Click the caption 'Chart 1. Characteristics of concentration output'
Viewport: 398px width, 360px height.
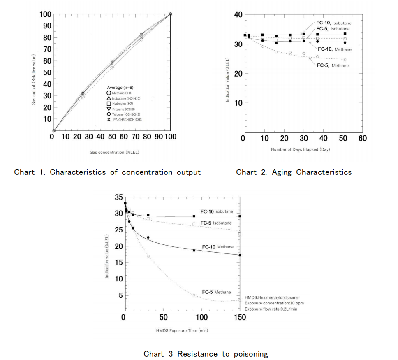coord(107,172)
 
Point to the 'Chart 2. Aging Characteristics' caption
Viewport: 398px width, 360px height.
coord(294,172)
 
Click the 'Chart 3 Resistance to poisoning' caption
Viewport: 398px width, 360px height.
coord(206,354)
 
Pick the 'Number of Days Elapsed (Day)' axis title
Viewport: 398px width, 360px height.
coord(300,149)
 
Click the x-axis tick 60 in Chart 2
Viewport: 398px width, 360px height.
coord(362,138)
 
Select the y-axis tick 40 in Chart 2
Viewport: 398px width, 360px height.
coord(238,15)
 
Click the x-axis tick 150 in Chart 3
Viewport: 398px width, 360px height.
coord(240,317)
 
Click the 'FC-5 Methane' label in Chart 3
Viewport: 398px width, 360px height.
coord(216,292)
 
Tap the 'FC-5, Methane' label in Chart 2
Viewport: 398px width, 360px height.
coord(333,65)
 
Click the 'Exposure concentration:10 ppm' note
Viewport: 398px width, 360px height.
coord(274,303)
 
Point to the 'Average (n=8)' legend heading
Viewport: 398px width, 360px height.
coord(120,87)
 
